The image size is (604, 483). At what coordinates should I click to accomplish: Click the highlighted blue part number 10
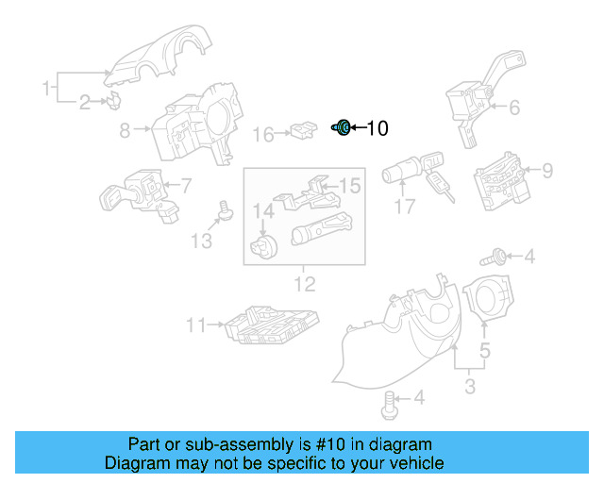pos(343,127)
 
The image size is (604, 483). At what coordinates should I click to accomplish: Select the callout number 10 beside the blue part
pos(377,128)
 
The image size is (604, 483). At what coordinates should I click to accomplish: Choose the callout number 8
pos(125,132)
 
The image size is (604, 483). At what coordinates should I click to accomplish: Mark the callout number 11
pos(195,325)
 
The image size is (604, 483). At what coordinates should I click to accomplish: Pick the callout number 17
pos(405,207)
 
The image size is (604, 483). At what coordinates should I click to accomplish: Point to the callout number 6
pos(514,108)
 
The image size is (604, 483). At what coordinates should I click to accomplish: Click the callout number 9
pos(546,171)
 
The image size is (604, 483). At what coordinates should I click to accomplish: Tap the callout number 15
pos(349,186)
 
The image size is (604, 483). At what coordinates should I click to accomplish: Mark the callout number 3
pos(469,385)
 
